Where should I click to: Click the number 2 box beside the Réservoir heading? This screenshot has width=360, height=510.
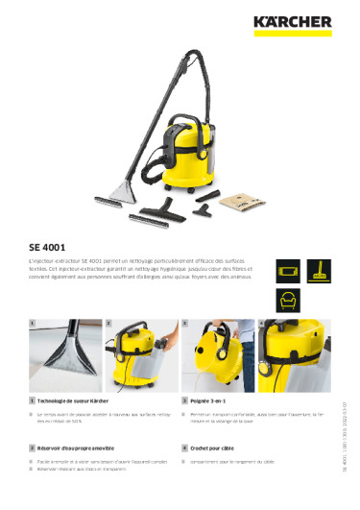(x=33, y=449)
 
